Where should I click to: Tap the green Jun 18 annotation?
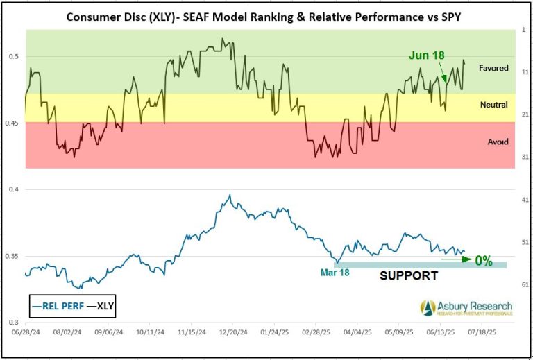[x=426, y=55]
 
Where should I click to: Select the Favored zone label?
[x=493, y=68]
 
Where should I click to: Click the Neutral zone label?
[x=493, y=105]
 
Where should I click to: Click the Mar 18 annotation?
[x=335, y=273]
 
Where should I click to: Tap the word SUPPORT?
[x=408, y=276]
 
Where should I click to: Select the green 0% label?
[x=483, y=261]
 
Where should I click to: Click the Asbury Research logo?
[x=466, y=308]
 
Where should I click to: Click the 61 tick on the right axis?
[x=524, y=284]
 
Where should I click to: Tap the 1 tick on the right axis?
[x=524, y=31]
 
